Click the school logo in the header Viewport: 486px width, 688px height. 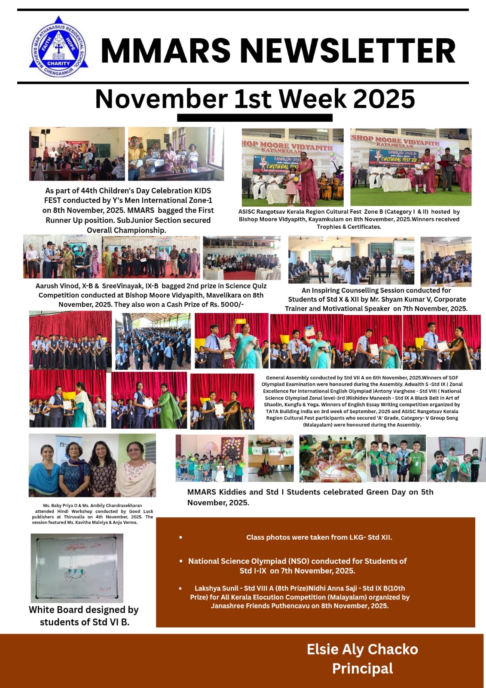click(x=58, y=47)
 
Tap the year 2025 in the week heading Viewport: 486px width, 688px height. click(x=384, y=99)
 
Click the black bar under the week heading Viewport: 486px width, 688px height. click(x=254, y=118)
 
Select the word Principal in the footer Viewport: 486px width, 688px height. click(x=362, y=669)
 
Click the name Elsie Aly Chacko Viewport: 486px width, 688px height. click(x=362, y=649)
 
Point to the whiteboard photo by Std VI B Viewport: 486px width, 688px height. click(x=77, y=568)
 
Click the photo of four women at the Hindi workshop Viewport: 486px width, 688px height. click(x=92, y=465)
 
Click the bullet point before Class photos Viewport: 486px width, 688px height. click(x=180, y=537)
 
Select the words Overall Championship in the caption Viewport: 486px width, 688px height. click(x=126, y=230)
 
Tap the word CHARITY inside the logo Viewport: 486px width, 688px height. click(x=58, y=63)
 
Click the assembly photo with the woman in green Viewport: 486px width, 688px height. click(x=149, y=401)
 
